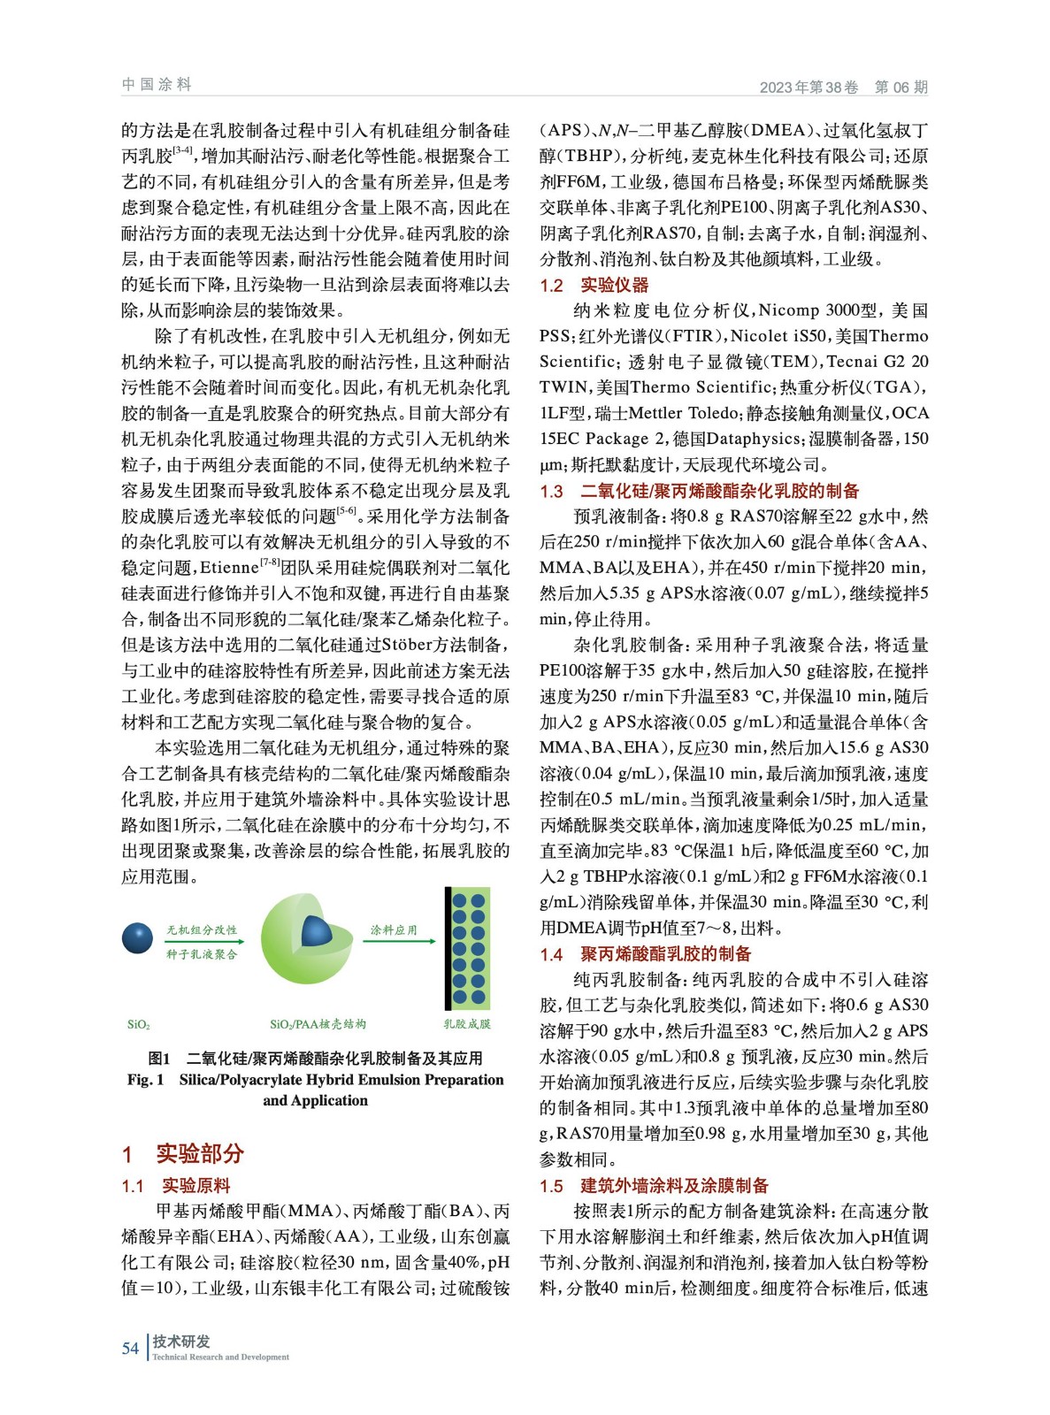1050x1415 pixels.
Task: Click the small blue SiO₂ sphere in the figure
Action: (x=137, y=938)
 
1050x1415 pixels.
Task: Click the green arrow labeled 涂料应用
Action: (x=400, y=941)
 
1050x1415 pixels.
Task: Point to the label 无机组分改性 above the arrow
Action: (x=202, y=929)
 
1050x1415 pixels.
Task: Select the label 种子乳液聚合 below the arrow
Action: (x=202, y=954)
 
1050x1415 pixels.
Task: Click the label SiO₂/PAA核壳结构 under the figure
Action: (x=318, y=1024)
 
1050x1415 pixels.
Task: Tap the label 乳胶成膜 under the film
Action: (x=467, y=1024)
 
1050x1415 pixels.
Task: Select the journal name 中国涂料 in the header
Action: (x=157, y=85)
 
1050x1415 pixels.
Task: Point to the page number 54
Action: (x=130, y=1348)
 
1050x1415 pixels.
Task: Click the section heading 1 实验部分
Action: (x=183, y=1153)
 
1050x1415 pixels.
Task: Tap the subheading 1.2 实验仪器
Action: (x=594, y=285)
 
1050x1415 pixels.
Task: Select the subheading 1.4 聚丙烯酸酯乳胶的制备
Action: (x=646, y=953)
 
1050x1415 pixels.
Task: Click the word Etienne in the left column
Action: (x=229, y=568)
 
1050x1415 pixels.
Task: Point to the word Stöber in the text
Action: (x=410, y=645)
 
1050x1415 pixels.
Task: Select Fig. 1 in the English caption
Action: (x=145, y=1080)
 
